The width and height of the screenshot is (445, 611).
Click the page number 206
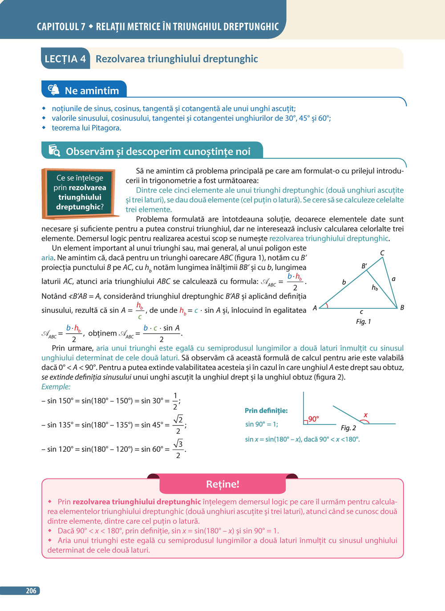click(31, 591)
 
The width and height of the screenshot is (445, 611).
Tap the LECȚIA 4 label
click(65, 59)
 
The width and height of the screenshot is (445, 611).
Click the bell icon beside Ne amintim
click(53, 90)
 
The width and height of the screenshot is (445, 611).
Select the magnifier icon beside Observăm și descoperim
click(54, 151)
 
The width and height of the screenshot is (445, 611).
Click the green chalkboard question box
click(80, 193)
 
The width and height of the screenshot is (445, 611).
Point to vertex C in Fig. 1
click(382, 253)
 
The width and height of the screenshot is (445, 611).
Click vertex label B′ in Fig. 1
click(364, 266)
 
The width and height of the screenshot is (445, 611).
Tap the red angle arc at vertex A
click(326, 305)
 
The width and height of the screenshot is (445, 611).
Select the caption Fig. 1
click(363, 321)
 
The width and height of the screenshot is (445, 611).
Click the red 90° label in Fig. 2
click(313, 419)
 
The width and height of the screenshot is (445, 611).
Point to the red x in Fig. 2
click(366, 415)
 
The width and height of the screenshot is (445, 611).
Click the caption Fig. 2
click(348, 428)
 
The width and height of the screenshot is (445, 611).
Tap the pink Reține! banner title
click(222, 484)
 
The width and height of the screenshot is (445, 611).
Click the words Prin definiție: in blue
click(266, 410)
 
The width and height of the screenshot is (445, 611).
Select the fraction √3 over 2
click(178, 449)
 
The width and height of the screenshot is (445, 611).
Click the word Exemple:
click(56, 387)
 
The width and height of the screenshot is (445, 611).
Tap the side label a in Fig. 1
click(393, 279)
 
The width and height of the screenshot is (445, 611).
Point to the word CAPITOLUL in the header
click(61, 27)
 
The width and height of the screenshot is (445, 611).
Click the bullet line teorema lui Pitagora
click(86, 128)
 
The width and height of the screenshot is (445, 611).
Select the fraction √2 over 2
click(178, 425)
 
